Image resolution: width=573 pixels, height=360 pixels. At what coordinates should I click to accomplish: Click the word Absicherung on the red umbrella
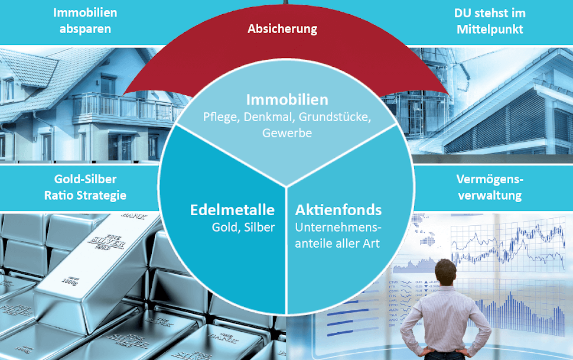point(282,28)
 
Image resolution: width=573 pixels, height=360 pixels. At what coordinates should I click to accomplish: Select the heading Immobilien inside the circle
point(287,99)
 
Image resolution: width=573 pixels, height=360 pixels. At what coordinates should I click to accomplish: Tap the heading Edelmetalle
point(232,210)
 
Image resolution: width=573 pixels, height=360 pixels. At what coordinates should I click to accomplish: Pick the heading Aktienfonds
point(338,210)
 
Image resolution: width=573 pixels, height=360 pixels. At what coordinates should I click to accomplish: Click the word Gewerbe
point(287,133)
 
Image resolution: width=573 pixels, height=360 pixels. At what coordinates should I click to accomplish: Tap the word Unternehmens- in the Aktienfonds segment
point(338,227)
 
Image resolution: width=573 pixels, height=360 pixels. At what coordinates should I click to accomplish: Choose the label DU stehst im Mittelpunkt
point(490,21)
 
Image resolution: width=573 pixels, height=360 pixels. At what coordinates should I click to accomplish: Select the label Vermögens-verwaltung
point(490,187)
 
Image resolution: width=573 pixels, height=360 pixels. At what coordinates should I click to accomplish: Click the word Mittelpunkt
point(490,28)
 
